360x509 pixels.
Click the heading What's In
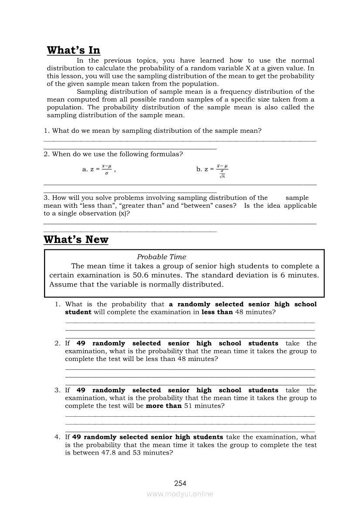point(73,51)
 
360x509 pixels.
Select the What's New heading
point(76,240)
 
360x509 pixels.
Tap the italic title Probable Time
point(161,257)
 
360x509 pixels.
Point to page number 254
point(180,483)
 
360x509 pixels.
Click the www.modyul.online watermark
point(180,494)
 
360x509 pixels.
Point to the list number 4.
point(57,437)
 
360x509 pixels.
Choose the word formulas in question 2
point(166,154)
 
